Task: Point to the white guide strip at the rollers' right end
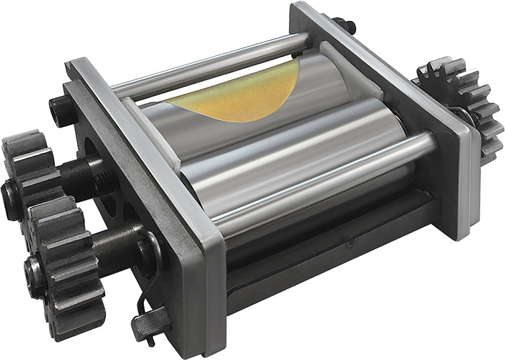(x=351, y=70)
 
